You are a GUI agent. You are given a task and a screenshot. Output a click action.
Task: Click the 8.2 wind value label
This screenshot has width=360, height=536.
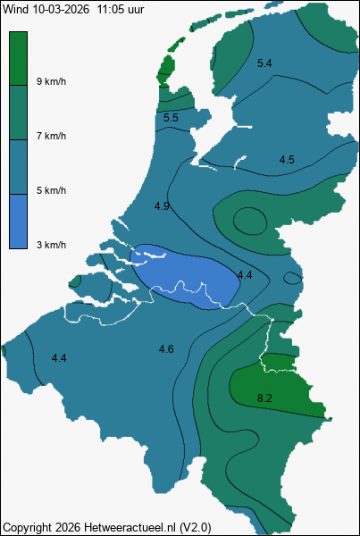pos(264,398)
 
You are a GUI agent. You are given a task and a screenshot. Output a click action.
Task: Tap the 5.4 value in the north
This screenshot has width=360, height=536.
pos(264,63)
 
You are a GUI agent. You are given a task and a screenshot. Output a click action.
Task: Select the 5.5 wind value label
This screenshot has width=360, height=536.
pos(172,118)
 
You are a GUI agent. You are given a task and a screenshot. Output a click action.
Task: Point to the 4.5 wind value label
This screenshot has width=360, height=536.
pos(287,160)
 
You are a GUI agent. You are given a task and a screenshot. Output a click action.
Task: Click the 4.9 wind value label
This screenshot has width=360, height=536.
pos(162,206)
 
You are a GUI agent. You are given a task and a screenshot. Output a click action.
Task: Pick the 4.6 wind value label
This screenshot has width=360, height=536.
pos(166,348)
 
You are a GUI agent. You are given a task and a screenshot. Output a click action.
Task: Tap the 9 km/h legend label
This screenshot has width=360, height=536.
pos(51,81)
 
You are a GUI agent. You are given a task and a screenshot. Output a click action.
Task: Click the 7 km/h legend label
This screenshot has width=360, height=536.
pos(51,136)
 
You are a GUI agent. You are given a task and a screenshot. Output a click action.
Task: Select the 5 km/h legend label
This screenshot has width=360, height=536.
pos(51,190)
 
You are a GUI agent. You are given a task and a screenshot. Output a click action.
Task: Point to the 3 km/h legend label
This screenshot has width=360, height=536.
pos(51,245)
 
